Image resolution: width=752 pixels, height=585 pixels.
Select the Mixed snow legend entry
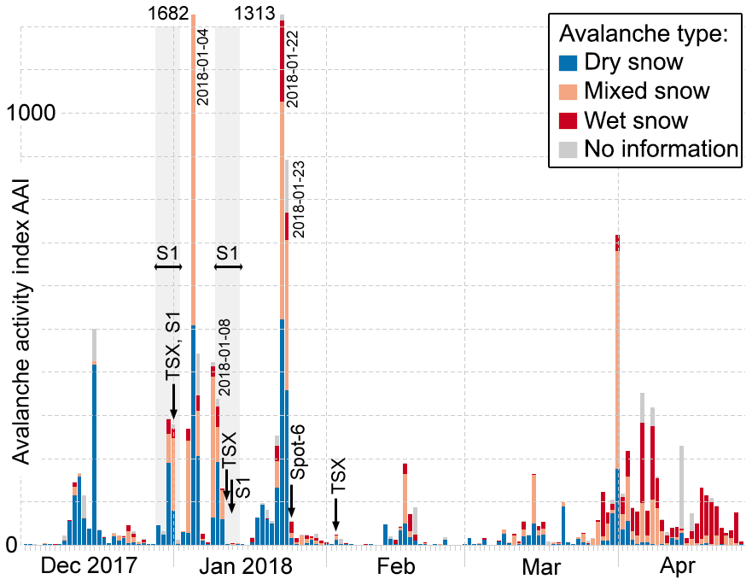pyautogui.click(x=645, y=91)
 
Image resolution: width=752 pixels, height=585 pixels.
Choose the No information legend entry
pyautogui.click(x=660, y=149)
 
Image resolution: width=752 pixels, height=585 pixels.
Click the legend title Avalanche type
pyautogui.click(x=643, y=34)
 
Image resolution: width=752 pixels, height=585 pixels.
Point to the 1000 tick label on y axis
pyautogui.click(x=34, y=112)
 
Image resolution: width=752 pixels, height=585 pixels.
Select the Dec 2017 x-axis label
pyautogui.click(x=90, y=566)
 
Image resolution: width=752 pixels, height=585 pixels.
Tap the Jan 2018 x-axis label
pyautogui.click(x=250, y=566)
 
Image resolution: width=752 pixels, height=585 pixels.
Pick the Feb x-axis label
pyautogui.click(x=395, y=566)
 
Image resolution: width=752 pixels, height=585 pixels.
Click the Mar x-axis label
pyautogui.click(x=541, y=566)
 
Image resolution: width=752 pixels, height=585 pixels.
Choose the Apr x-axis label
pyautogui.click(x=679, y=566)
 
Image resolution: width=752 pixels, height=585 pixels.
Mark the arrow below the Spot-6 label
pyautogui.click(x=291, y=500)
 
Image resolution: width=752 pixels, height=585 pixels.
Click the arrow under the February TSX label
pyautogui.click(x=336, y=516)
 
